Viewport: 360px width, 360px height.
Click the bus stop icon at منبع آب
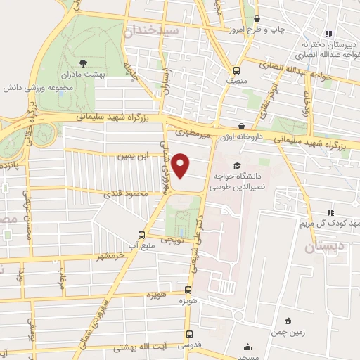[x=141, y=236]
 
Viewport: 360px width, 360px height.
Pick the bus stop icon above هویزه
[x=188, y=290]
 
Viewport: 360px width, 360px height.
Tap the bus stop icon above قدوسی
[x=188, y=335]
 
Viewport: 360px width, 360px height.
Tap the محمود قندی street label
[x=126, y=192]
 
